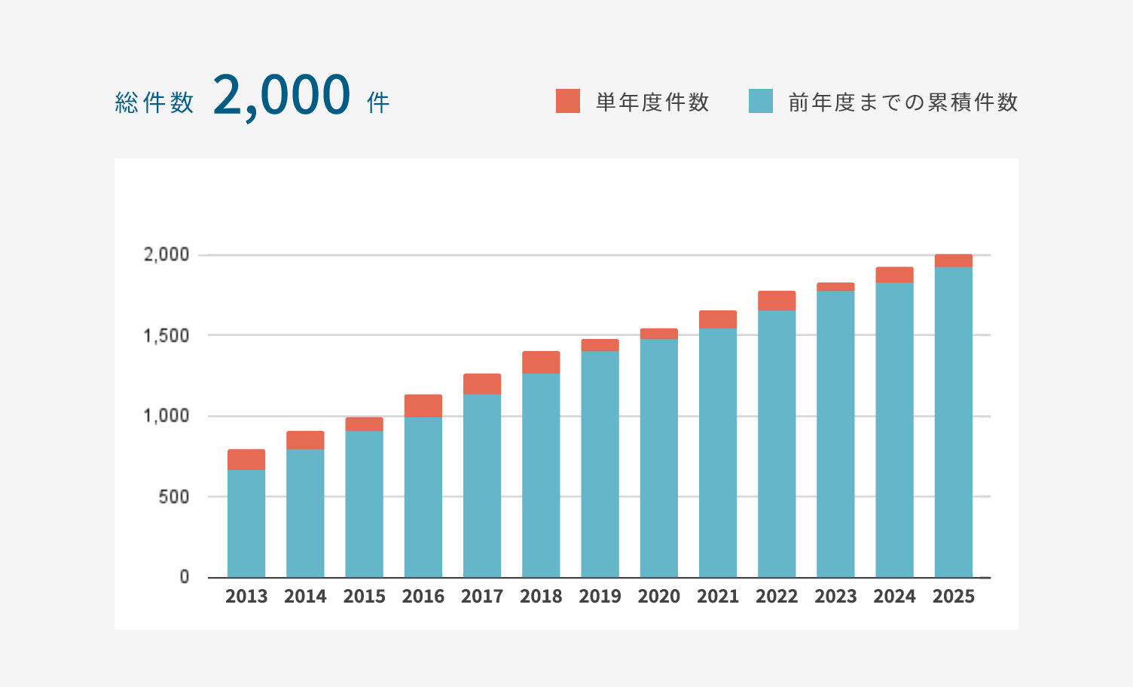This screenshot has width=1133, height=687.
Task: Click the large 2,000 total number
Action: click(282, 96)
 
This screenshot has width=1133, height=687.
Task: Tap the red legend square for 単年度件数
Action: click(568, 101)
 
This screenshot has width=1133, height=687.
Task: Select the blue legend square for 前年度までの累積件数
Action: click(761, 101)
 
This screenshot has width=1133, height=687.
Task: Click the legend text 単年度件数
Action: click(652, 102)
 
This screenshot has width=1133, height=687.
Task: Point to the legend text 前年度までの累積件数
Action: click(903, 102)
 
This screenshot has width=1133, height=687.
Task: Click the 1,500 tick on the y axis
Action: click(166, 335)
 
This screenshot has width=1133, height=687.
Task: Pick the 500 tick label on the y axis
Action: click(174, 497)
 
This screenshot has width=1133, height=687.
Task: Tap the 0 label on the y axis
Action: click(185, 577)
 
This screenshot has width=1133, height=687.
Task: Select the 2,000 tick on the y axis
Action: click(166, 255)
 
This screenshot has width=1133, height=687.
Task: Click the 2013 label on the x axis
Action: click(246, 597)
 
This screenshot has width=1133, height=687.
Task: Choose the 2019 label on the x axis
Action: click(600, 597)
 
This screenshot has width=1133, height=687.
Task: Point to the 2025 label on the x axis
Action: click(954, 597)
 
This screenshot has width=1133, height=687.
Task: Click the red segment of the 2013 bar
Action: click(246, 460)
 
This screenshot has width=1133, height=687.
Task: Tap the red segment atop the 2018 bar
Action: click(541, 362)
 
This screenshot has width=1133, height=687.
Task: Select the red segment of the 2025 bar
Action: click(954, 261)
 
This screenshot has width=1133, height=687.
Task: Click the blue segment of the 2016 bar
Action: click(423, 497)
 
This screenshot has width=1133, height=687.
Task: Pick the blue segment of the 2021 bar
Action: click(718, 452)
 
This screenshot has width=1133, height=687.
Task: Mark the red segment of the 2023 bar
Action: click(835, 287)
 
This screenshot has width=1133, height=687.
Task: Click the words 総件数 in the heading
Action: click(154, 102)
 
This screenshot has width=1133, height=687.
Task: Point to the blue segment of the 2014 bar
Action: click(305, 512)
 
